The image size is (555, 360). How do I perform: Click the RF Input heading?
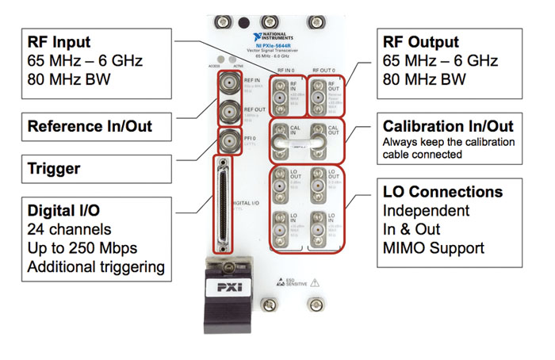point(59,40)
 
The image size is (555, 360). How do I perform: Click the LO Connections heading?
point(442,192)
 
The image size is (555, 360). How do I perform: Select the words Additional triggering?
point(96,266)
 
